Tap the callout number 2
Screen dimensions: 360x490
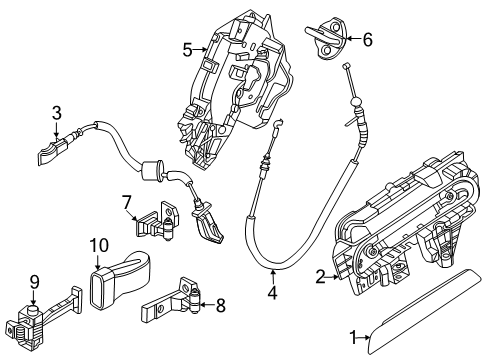[320, 277]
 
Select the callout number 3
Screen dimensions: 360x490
[57, 113]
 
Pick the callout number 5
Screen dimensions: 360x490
[187, 47]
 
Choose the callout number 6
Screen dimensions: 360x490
[366, 40]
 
